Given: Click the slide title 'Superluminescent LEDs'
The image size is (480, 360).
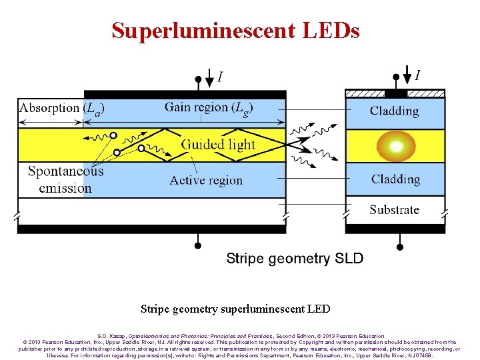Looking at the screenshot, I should point(235,30).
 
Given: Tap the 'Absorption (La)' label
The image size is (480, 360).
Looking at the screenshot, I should point(62,108).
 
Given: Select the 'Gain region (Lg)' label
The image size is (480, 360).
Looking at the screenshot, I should point(209,107).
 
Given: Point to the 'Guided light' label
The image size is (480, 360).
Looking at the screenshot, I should point(218,145).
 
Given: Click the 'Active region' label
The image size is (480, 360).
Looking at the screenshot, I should point(206,180).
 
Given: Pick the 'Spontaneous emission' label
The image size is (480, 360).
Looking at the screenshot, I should point(65,179).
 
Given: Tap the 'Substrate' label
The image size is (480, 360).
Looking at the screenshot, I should point(394,210).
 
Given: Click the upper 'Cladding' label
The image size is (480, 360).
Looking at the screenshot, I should point(394,111).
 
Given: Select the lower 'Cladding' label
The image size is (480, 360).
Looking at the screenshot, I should point(395,179).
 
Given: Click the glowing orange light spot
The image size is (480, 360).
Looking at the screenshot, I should point(395,147).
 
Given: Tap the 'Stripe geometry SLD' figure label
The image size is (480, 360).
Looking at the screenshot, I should point(295,258).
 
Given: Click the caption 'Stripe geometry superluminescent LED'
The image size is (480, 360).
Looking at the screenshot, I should point(235,309).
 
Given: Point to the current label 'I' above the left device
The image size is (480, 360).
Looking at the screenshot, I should point(220,78).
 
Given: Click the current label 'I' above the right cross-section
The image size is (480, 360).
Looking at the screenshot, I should point(417,75).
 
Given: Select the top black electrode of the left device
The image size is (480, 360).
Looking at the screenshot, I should point(185,95).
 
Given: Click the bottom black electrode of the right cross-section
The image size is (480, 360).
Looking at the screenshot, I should point(395,229).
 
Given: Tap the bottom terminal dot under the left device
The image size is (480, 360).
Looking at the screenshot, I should point(197,245).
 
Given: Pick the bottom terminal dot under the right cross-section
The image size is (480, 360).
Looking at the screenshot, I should point(400,246).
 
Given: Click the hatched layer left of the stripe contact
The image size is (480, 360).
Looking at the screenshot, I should point(365,94).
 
